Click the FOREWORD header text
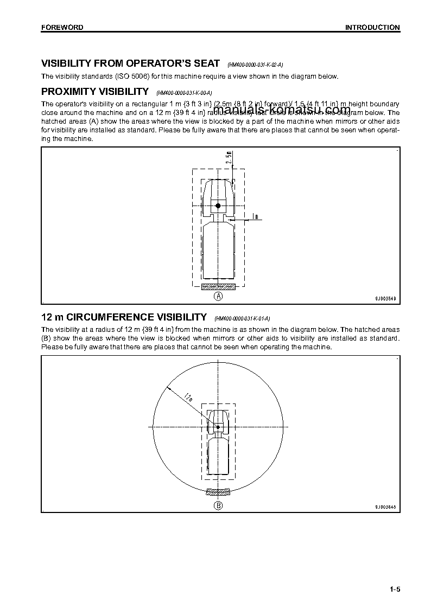pyautogui.click(x=62, y=27)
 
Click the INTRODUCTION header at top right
pyautogui.click(x=372, y=27)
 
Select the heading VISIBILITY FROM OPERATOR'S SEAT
pyautogui.click(x=131, y=63)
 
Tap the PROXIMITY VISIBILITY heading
pyautogui.click(x=95, y=91)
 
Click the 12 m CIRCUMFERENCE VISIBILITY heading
pyautogui.click(x=124, y=317)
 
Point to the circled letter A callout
pyautogui.click(x=218, y=296)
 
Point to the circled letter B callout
pyautogui.click(x=218, y=505)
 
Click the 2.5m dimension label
pyautogui.click(x=230, y=157)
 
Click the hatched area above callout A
pyautogui.click(x=218, y=286)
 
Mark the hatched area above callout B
pyautogui.click(x=218, y=492)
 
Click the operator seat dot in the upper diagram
pyautogui.click(x=218, y=206)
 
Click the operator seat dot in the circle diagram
pyautogui.click(x=218, y=427)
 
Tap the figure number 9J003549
pyautogui.click(x=385, y=298)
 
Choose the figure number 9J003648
pyautogui.click(x=385, y=507)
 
